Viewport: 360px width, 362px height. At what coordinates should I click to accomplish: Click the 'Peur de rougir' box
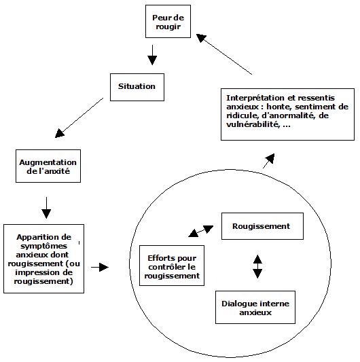pyautogui.click(x=168, y=22)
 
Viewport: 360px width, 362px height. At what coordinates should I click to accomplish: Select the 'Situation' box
pyautogui.click(x=137, y=87)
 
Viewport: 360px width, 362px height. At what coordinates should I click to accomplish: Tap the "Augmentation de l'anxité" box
pyautogui.click(x=48, y=166)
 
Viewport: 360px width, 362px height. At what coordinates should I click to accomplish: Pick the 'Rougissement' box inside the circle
pyautogui.click(x=262, y=226)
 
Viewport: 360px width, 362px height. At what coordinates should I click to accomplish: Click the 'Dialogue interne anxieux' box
pyautogui.click(x=255, y=307)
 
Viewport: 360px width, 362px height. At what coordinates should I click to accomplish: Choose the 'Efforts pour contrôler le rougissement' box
pyautogui.click(x=172, y=266)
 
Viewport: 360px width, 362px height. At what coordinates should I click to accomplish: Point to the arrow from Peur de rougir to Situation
pyautogui.click(x=152, y=55)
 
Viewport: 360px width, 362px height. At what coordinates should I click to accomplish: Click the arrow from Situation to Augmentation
pyautogui.click(x=79, y=117)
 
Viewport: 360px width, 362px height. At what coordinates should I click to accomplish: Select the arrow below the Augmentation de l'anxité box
pyautogui.click(x=46, y=208)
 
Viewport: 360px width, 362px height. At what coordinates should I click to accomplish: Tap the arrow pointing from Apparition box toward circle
pyautogui.click(x=100, y=267)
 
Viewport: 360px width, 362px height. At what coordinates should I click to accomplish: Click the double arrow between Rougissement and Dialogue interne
pyautogui.click(x=257, y=266)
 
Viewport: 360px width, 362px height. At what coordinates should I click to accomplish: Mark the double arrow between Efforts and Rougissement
pyautogui.click(x=200, y=231)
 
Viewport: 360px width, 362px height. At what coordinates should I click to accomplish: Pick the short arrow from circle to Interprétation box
pyautogui.click(x=269, y=161)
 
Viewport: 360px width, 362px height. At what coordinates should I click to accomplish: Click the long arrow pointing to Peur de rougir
pyautogui.click(x=224, y=54)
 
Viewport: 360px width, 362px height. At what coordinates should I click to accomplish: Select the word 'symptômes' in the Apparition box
pyautogui.click(x=43, y=247)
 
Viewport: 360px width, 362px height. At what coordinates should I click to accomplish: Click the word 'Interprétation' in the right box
pyautogui.click(x=255, y=98)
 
